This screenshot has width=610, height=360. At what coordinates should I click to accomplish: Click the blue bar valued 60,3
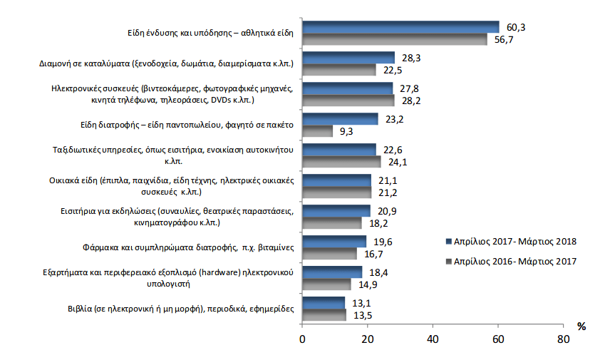point(400,26)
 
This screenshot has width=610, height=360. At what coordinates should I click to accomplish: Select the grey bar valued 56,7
point(395,38)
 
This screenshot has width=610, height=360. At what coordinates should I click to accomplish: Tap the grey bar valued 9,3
point(318,131)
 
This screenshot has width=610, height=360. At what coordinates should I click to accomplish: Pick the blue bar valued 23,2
point(341,119)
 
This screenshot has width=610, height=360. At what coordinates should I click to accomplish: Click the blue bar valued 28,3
point(348,57)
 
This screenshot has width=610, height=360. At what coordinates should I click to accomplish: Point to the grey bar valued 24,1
point(342,162)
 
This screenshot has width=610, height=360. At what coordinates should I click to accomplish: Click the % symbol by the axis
point(581,326)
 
